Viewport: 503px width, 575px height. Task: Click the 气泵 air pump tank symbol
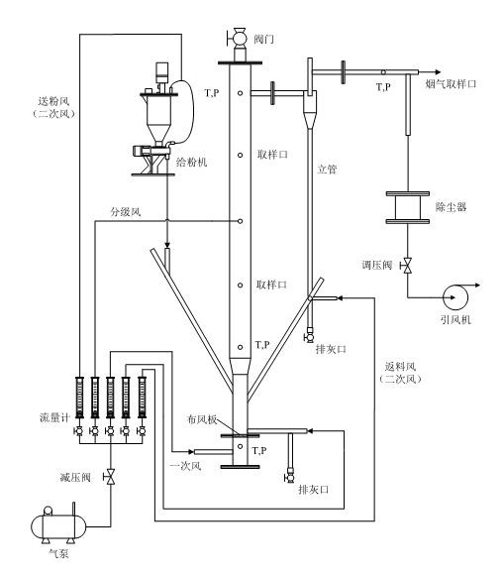[x=58, y=525]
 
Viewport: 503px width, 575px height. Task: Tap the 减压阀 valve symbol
[x=110, y=477]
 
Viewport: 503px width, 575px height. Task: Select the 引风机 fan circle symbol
[x=455, y=297]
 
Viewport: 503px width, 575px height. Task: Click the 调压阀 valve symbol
[x=407, y=265]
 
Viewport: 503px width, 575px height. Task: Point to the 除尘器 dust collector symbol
[x=407, y=207]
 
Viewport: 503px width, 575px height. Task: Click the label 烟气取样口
[x=451, y=84]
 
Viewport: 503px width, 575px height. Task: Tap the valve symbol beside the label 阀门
[x=237, y=37]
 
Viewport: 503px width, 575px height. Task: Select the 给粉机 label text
[x=192, y=162]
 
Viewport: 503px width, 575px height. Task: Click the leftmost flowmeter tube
[x=79, y=398]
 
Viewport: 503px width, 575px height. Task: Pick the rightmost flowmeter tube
[x=142, y=398]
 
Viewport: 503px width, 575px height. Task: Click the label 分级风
[x=126, y=212]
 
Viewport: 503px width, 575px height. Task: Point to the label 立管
[x=327, y=170]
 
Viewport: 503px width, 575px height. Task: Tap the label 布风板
[x=202, y=419]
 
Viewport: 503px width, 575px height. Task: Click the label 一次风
[x=186, y=466]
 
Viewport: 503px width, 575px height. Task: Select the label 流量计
[x=54, y=417]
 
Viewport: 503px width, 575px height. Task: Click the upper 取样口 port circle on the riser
[x=240, y=155]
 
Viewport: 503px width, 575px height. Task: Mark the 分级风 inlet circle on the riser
[x=240, y=221]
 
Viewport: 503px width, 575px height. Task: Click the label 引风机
[x=455, y=320]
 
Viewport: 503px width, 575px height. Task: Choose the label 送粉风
[x=53, y=101]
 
